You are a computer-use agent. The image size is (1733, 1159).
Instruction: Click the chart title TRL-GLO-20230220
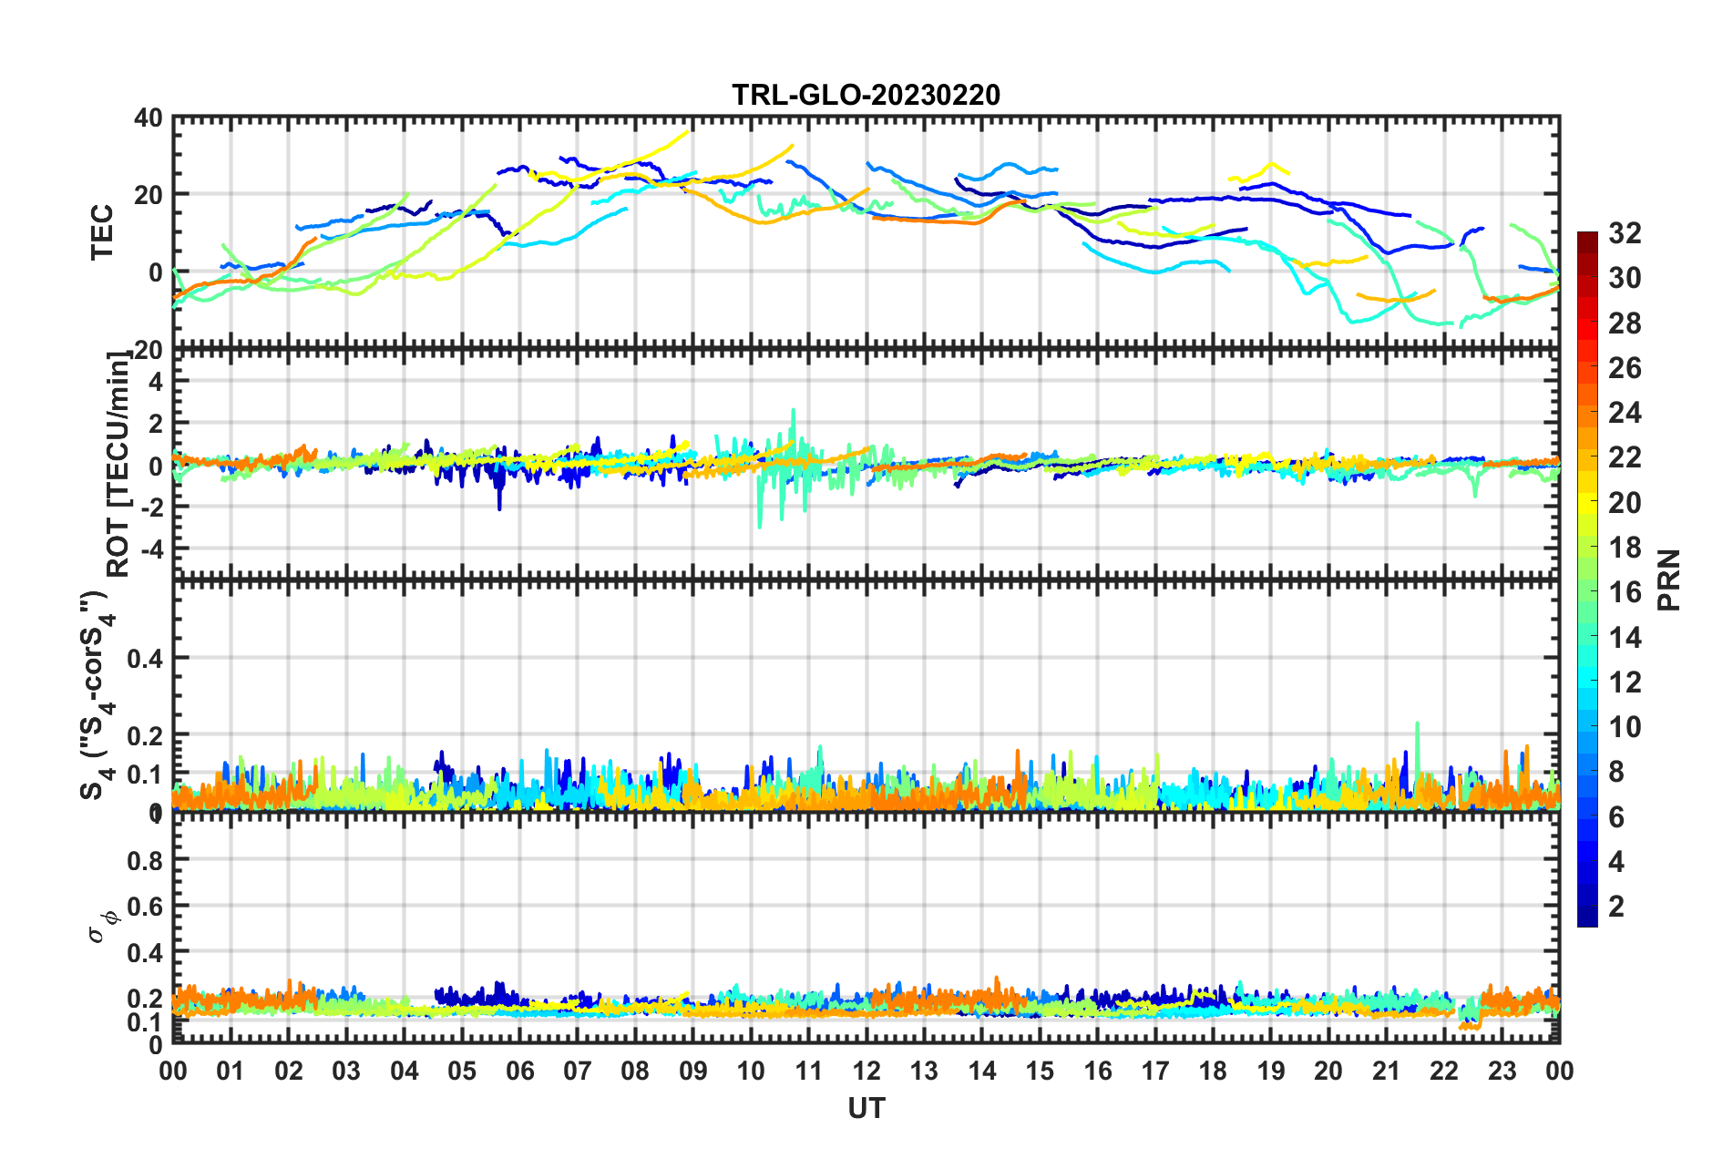pyautogui.click(x=866, y=95)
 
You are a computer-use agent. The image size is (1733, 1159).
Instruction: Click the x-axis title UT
pyautogui.click(x=866, y=1108)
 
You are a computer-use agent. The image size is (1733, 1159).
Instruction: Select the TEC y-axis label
pyautogui.click(x=102, y=232)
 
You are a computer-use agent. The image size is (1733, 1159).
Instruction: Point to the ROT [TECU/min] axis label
pyautogui.click(x=118, y=465)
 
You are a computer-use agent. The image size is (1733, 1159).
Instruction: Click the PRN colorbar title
pyautogui.click(x=1668, y=579)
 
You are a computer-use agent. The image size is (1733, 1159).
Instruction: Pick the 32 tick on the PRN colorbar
pyautogui.click(x=1625, y=233)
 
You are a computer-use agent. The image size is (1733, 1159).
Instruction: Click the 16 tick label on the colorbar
pyautogui.click(x=1625, y=592)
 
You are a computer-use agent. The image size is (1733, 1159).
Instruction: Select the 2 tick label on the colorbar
pyautogui.click(x=1616, y=906)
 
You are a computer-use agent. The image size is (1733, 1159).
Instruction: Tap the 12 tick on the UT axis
pyautogui.click(x=866, y=1071)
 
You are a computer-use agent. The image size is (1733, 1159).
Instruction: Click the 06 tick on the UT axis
pyautogui.click(x=519, y=1071)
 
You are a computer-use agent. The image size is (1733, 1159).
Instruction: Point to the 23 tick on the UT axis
pyautogui.click(x=1502, y=1071)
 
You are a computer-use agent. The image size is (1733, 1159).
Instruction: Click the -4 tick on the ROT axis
pyautogui.click(x=149, y=549)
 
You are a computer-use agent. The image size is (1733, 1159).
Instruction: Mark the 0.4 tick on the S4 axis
pyautogui.click(x=145, y=658)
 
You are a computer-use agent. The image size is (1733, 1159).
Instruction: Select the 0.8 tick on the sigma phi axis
pyautogui.click(x=145, y=860)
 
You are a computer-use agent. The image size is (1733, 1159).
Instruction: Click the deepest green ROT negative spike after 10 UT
pyautogui.click(x=760, y=527)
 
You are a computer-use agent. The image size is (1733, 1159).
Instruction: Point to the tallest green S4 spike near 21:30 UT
pyautogui.click(x=1417, y=723)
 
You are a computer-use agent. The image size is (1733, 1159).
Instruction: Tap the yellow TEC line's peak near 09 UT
pyautogui.click(x=687, y=131)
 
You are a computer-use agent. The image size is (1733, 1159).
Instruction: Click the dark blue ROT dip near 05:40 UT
pyautogui.click(x=499, y=508)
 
